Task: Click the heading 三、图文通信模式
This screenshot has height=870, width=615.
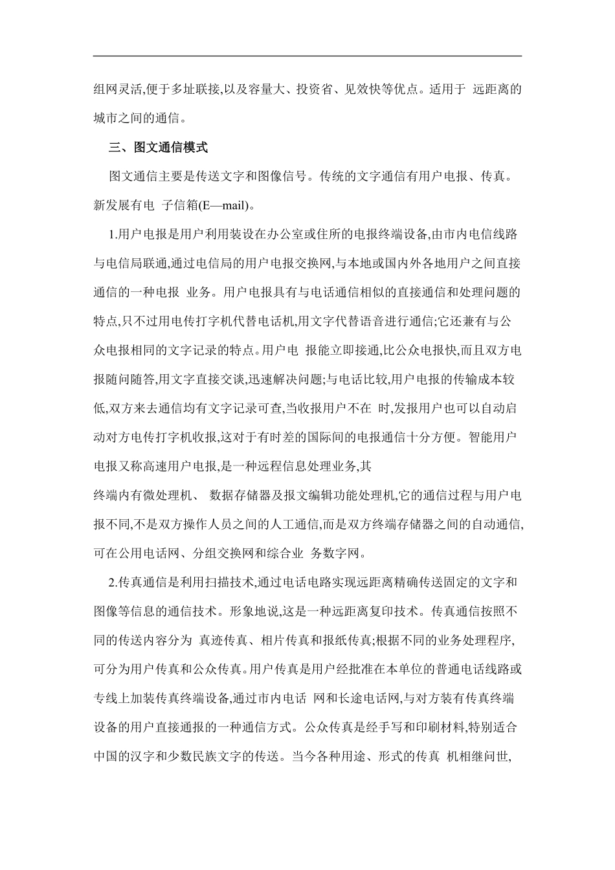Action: (x=158, y=148)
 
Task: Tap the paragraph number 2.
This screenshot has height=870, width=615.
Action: (x=113, y=583)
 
